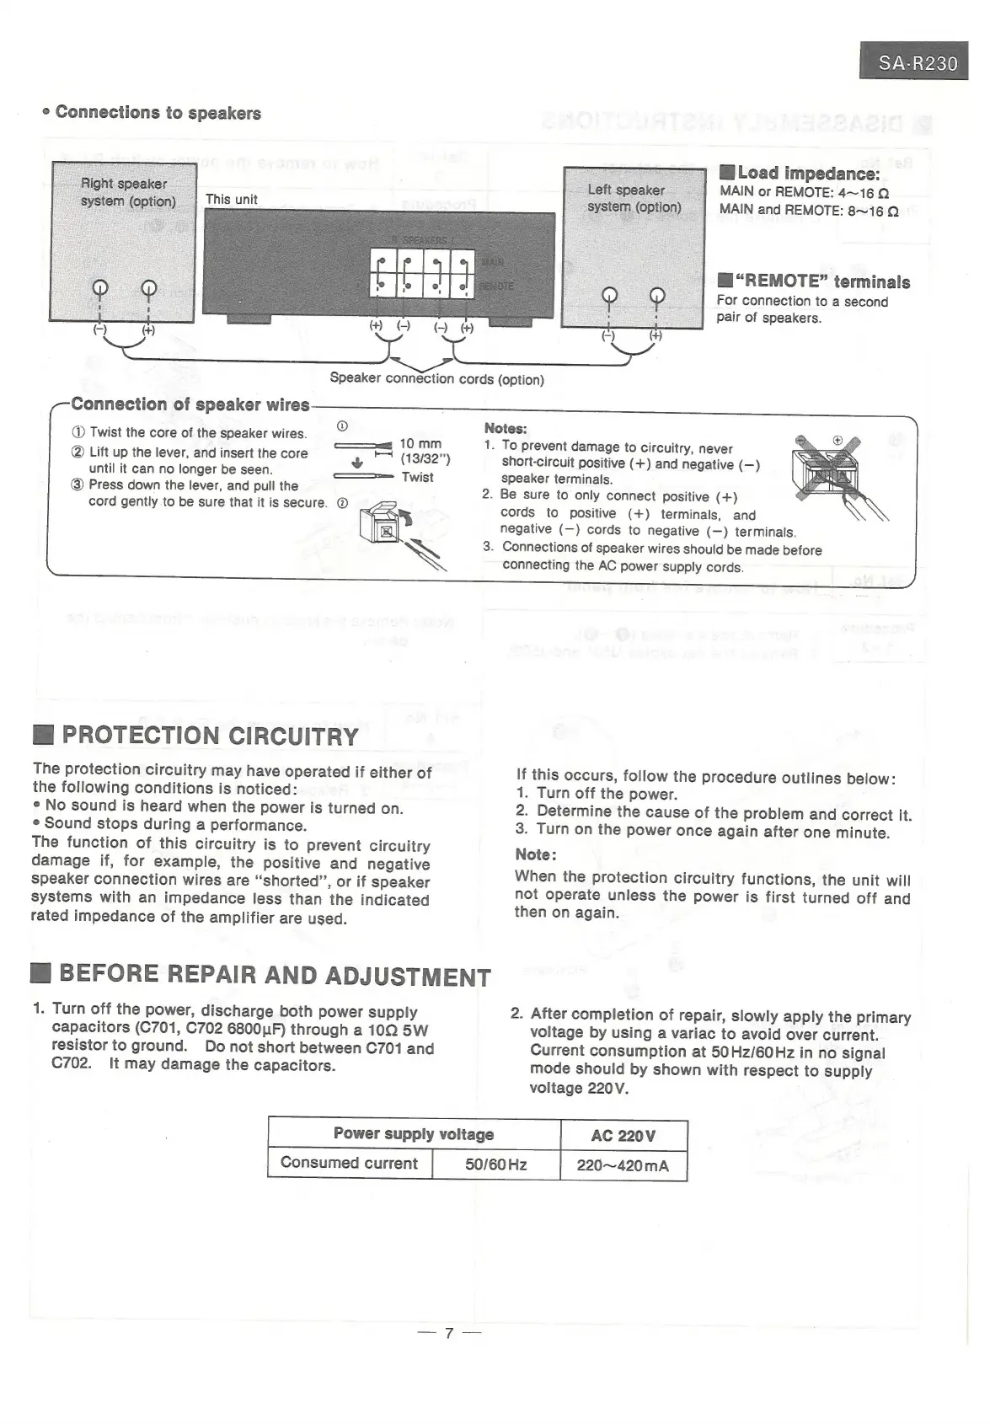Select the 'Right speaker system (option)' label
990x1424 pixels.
click(x=128, y=193)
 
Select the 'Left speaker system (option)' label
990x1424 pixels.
click(x=634, y=199)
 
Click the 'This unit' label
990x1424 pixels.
click(x=232, y=200)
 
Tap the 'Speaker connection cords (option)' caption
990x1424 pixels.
click(x=436, y=378)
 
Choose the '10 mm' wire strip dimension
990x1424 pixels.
click(x=420, y=444)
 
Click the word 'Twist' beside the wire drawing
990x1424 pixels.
click(x=417, y=477)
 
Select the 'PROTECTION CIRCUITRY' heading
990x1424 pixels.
click(x=211, y=736)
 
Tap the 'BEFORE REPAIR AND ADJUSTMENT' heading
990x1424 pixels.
click(x=275, y=976)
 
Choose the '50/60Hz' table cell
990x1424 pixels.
click(x=495, y=1165)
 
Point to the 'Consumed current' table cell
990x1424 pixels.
click(x=349, y=1164)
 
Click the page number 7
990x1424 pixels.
click(x=449, y=1333)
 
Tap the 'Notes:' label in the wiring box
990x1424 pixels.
click(x=506, y=429)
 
